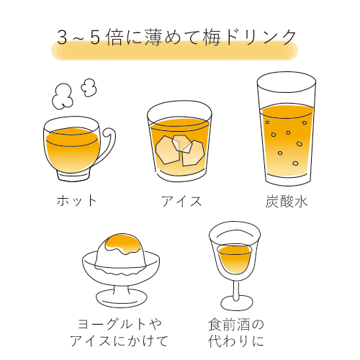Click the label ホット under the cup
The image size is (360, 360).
[76, 200]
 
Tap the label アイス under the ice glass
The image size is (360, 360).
[181, 201]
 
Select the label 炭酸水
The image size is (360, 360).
[287, 201]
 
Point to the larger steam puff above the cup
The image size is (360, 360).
[62, 96]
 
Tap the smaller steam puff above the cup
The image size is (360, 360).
[89, 87]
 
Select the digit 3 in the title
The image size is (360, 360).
[62, 38]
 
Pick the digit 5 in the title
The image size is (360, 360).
[95, 38]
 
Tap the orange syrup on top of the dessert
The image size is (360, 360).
[123, 243]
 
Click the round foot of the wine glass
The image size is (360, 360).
[237, 303]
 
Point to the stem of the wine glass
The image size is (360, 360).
[236, 289]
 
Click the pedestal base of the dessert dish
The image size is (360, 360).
[122, 297]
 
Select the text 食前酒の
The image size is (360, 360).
[236, 325]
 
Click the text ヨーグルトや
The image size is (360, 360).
[120, 325]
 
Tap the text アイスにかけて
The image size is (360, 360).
[120, 341]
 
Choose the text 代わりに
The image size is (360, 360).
[236, 341]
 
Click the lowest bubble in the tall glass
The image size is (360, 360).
[295, 163]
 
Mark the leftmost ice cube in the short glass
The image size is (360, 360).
[167, 150]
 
